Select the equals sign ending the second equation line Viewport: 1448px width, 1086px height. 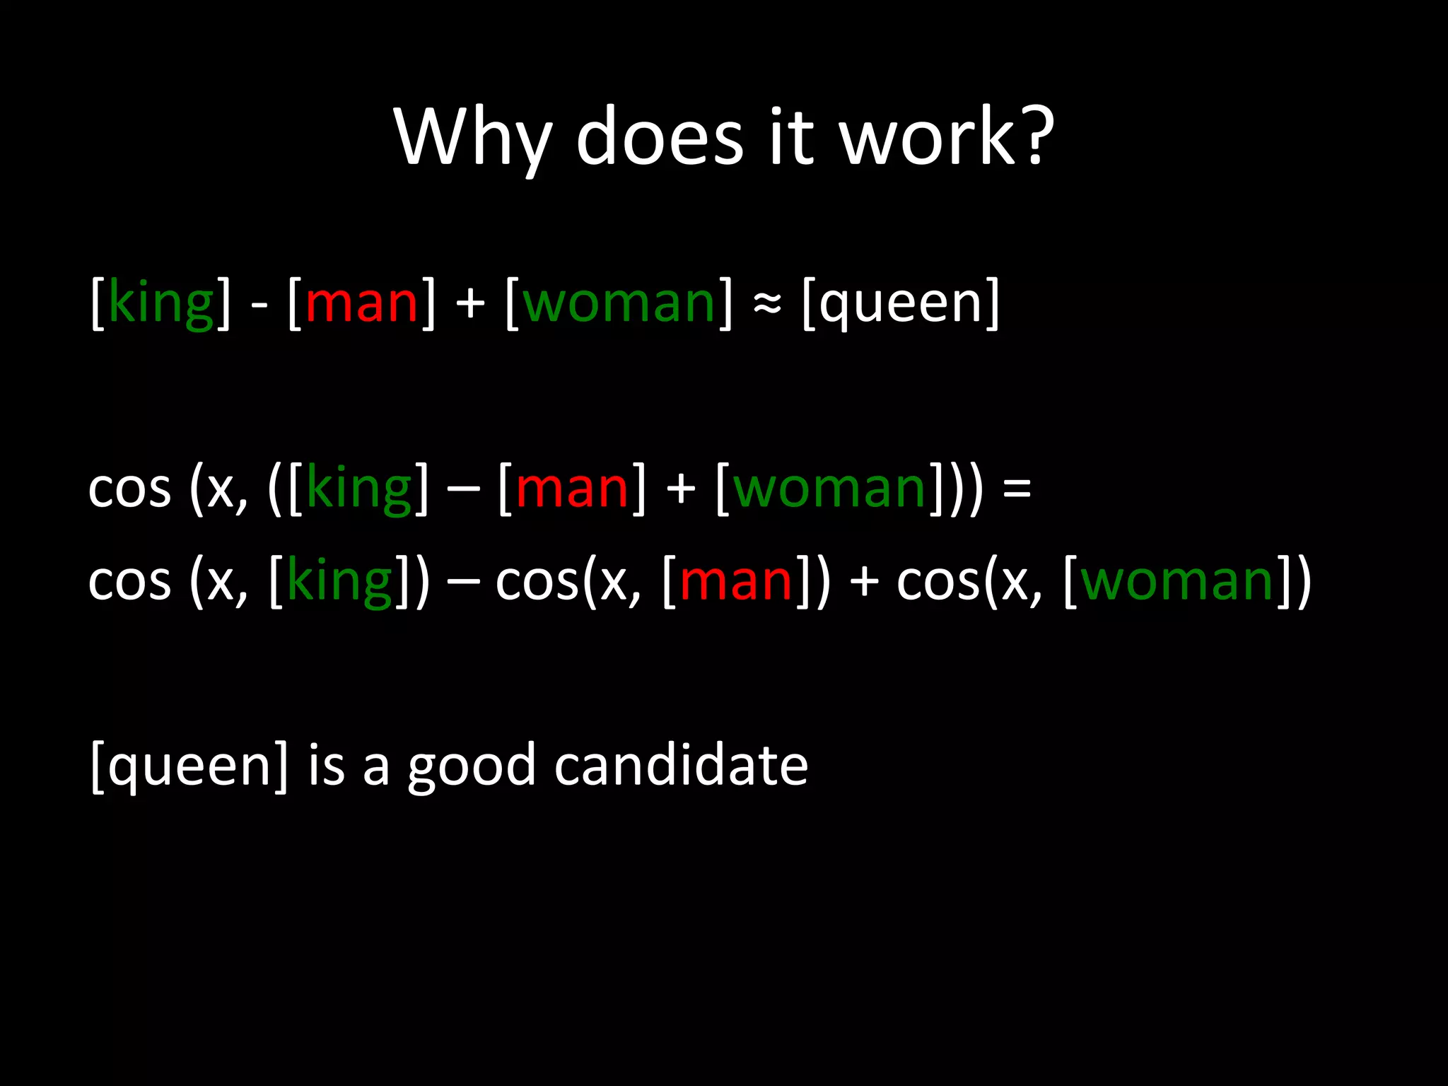point(1017,489)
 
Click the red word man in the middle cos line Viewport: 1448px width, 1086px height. point(572,489)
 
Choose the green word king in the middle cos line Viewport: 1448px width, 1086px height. point(359,489)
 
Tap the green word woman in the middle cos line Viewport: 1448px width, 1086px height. point(829,489)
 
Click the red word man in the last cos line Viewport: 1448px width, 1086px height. point(736,582)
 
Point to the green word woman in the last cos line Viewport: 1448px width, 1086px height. point(1177,582)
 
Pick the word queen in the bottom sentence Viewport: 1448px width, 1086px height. point(189,767)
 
